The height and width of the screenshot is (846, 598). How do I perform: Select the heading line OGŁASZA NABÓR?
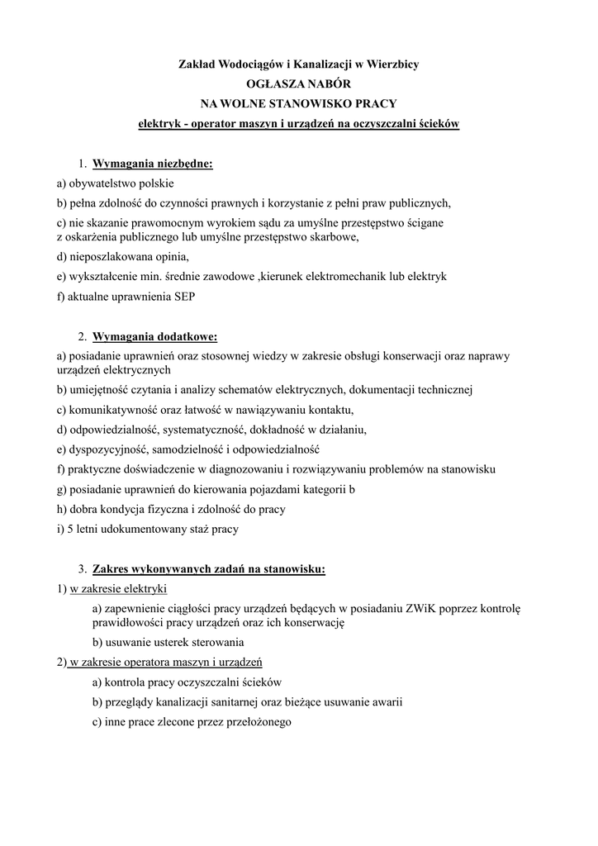(299, 83)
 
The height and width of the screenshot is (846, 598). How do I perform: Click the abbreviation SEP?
(186, 296)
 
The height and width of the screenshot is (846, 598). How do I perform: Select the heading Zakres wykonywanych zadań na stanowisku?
(209, 569)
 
